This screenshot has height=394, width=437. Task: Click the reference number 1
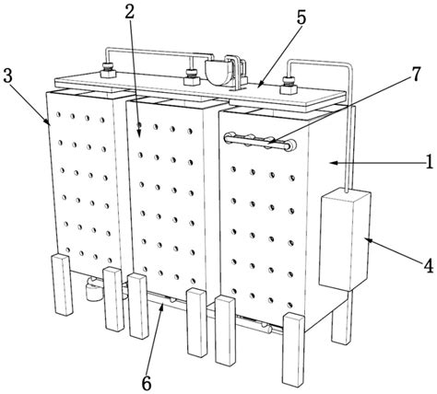click(430, 162)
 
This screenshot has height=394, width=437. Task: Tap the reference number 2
click(130, 11)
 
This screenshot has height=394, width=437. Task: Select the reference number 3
click(7, 75)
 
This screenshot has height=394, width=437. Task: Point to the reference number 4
click(429, 266)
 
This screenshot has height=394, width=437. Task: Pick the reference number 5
click(301, 17)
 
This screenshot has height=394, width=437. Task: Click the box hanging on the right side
click(345, 239)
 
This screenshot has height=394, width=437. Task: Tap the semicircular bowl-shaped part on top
click(218, 73)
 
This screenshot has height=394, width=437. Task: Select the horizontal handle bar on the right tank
click(260, 141)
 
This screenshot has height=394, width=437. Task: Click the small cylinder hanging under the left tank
click(93, 292)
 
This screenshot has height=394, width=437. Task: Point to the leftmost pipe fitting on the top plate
click(108, 70)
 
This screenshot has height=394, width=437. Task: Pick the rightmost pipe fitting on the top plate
click(289, 87)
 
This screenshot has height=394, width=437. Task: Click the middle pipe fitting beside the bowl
click(192, 77)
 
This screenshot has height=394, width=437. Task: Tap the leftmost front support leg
click(62, 284)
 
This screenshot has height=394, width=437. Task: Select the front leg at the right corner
click(293, 349)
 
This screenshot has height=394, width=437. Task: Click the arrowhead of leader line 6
click(161, 306)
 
